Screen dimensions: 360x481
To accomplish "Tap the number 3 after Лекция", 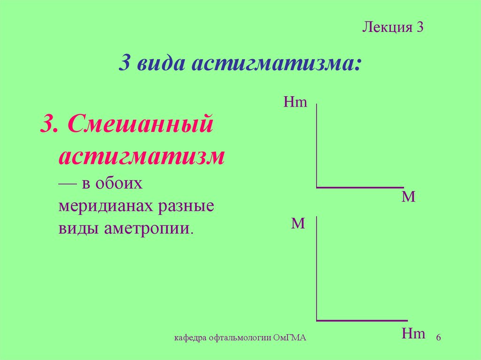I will [x=420, y=28].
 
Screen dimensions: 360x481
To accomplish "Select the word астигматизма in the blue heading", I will [x=276, y=63].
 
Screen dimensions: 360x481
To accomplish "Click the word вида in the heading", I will [x=159, y=63].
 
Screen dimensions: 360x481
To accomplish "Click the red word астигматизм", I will [x=141, y=156].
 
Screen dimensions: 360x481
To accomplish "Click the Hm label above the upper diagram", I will [x=295, y=102].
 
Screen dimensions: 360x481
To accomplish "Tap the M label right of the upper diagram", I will [x=409, y=197].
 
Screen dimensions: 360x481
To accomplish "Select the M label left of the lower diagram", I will [x=298, y=223].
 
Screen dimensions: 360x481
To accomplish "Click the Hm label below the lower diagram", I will [x=414, y=334].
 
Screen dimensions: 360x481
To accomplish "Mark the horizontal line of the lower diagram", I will [x=362, y=321].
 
